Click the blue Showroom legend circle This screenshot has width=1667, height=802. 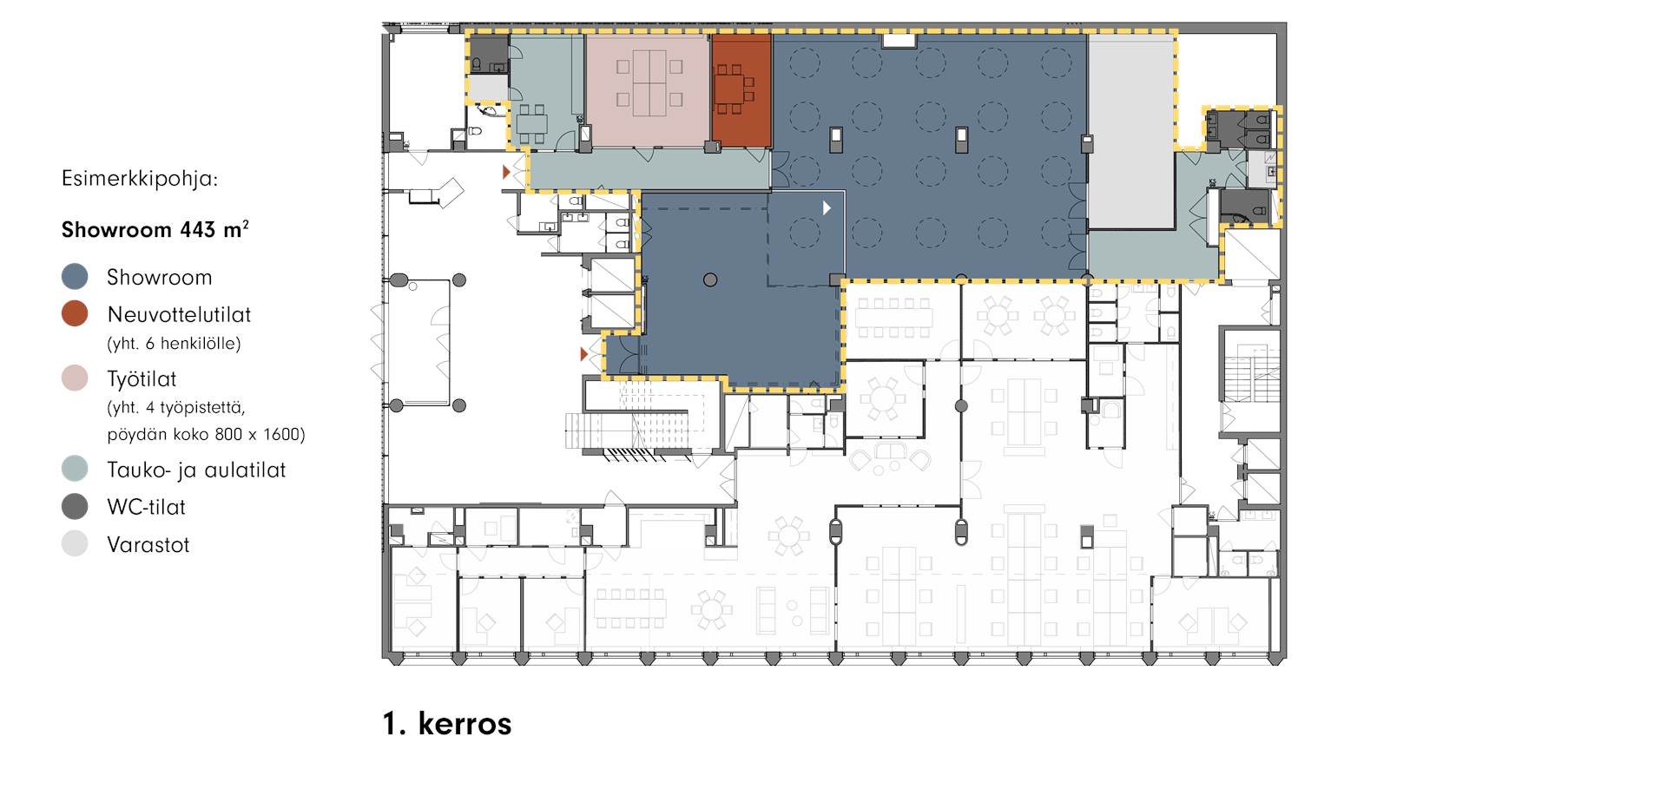(x=75, y=277)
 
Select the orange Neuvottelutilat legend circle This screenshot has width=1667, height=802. (x=75, y=314)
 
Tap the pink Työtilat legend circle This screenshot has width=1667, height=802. (x=75, y=378)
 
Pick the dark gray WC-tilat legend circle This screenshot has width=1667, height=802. (x=75, y=507)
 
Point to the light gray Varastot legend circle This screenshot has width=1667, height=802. (x=75, y=544)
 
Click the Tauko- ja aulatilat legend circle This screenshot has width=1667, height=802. (x=75, y=470)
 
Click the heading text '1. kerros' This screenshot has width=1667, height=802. (x=447, y=723)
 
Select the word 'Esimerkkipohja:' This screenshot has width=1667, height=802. (x=140, y=180)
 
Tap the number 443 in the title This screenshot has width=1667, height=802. (x=197, y=230)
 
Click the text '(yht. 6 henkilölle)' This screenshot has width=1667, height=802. (x=174, y=344)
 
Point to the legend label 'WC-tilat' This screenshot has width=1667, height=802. (x=146, y=507)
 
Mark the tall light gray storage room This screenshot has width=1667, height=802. (x=1130, y=131)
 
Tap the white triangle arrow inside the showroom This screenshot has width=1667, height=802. (x=827, y=208)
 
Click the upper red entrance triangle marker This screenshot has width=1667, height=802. (x=506, y=173)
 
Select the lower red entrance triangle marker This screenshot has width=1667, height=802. (x=583, y=354)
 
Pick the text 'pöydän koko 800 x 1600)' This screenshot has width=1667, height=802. (x=207, y=434)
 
